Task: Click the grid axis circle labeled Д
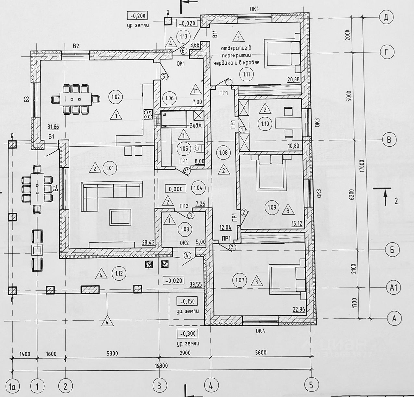pos(386,17)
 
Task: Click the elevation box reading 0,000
pos(176,189)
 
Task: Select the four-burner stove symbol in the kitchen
pos(148,114)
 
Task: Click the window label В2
pos(76,46)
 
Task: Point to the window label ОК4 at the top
pos(254,9)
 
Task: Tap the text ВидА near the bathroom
pos(195,125)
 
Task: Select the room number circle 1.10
pos(265,123)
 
